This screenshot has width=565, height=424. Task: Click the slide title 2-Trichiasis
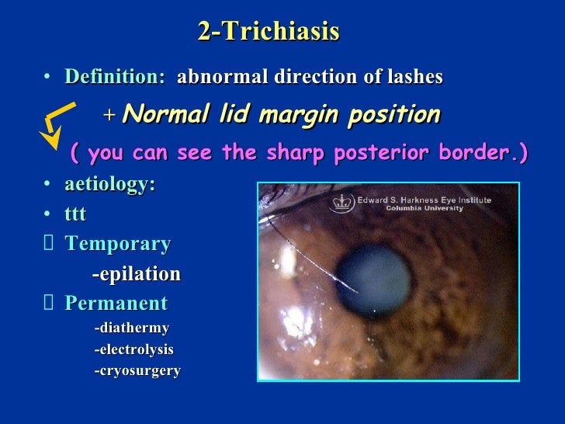point(268,32)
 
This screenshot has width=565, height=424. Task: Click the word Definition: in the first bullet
point(115,77)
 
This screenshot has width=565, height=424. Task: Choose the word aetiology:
point(109,184)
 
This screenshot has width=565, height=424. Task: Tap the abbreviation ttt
point(75,214)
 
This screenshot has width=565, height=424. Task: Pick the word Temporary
point(118,244)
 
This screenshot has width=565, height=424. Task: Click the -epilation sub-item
point(136,273)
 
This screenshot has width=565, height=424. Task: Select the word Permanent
point(116,303)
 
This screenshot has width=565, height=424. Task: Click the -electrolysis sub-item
point(133,349)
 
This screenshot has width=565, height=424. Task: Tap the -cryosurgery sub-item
point(137,370)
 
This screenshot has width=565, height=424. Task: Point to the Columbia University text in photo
point(424,208)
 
